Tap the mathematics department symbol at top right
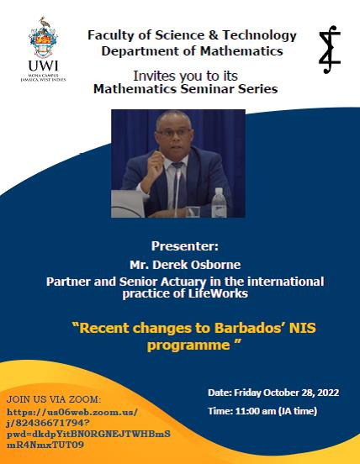[330, 50]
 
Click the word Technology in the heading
[259, 35]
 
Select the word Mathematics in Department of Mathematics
[241, 51]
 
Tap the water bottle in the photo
[219, 203]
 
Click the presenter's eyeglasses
[174, 132]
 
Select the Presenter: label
[185, 246]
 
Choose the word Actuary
[184, 282]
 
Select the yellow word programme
[188, 345]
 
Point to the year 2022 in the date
[328, 393]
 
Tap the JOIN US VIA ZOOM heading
[54, 399]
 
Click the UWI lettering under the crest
[44, 66]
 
